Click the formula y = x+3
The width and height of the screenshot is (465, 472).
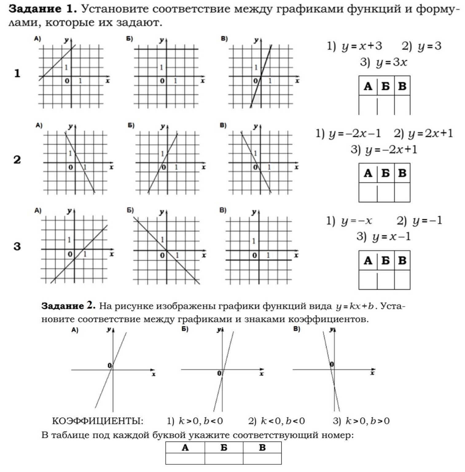[x=362, y=46]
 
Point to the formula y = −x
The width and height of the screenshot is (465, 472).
[x=356, y=221]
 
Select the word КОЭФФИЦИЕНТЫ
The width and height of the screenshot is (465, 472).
[x=98, y=421]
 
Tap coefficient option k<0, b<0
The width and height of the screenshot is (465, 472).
[x=283, y=421]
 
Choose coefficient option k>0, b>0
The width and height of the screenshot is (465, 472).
[x=367, y=421]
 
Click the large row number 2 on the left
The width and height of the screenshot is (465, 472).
[x=17, y=160]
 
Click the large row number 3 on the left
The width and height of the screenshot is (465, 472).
[x=17, y=246]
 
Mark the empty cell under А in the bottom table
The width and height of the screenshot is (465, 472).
[x=185, y=458]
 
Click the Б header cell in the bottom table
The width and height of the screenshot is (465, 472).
[x=224, y=447]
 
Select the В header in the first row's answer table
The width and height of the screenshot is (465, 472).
[x=402, y=86]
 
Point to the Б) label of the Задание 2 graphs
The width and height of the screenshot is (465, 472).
[x=185, y=329]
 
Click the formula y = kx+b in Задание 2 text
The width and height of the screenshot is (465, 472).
[x=354, y=306]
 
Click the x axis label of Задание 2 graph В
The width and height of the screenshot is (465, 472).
[x=372, y=373]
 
